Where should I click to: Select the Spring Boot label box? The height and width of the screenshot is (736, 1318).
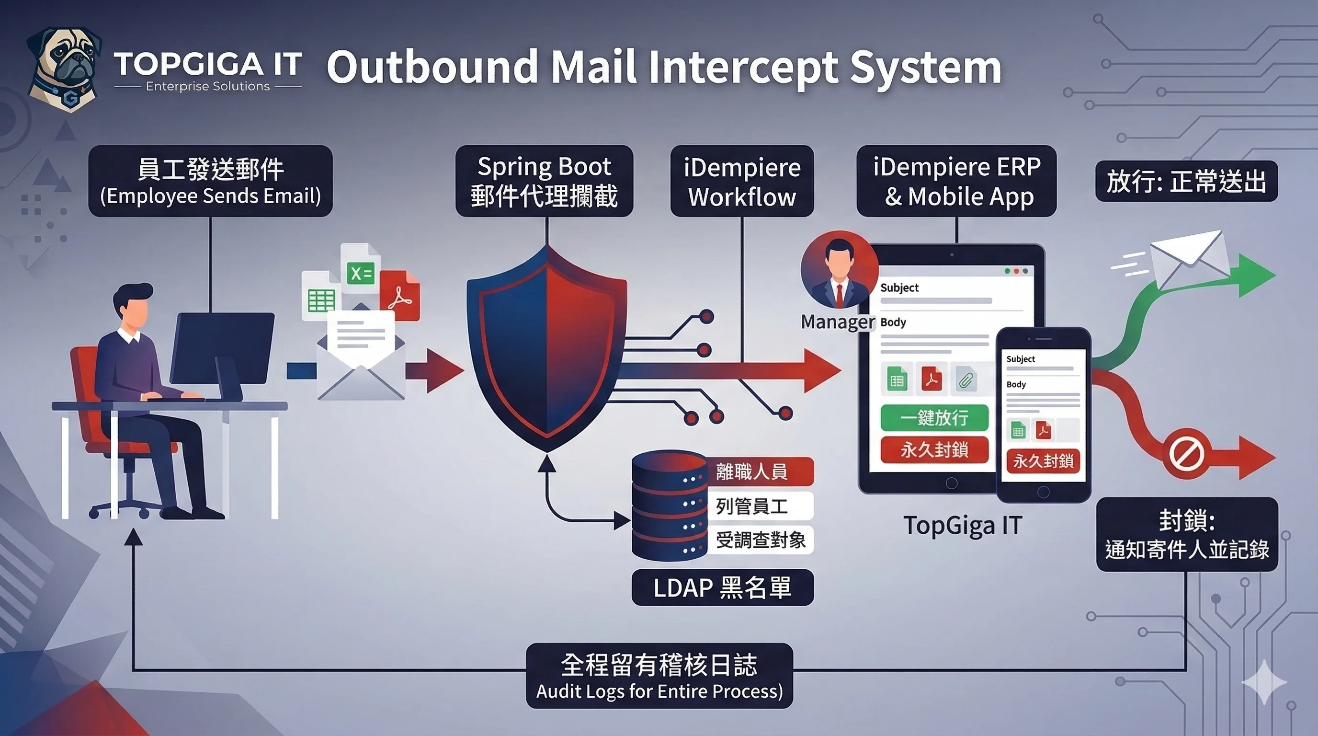pos(544,181)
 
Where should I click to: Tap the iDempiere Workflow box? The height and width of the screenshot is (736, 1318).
pos(741,181)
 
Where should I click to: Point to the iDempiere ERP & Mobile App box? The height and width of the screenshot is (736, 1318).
pos(956,181)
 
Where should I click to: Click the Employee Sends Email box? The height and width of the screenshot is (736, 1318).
pos(210,181)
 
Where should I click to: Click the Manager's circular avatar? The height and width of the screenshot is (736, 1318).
pos(839,270)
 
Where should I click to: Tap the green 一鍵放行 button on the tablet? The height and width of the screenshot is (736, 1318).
pos(934,418)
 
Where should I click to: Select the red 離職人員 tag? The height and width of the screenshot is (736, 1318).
pos(759,471)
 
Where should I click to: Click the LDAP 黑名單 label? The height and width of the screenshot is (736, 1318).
pos(722,587)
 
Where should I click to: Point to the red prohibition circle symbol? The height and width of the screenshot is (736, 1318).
pos(1186,454)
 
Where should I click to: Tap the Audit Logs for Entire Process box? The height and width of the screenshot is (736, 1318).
pos(659,676)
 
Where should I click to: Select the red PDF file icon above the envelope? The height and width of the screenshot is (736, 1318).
pos(399,295)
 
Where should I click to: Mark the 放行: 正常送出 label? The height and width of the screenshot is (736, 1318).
pos(1186,181)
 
